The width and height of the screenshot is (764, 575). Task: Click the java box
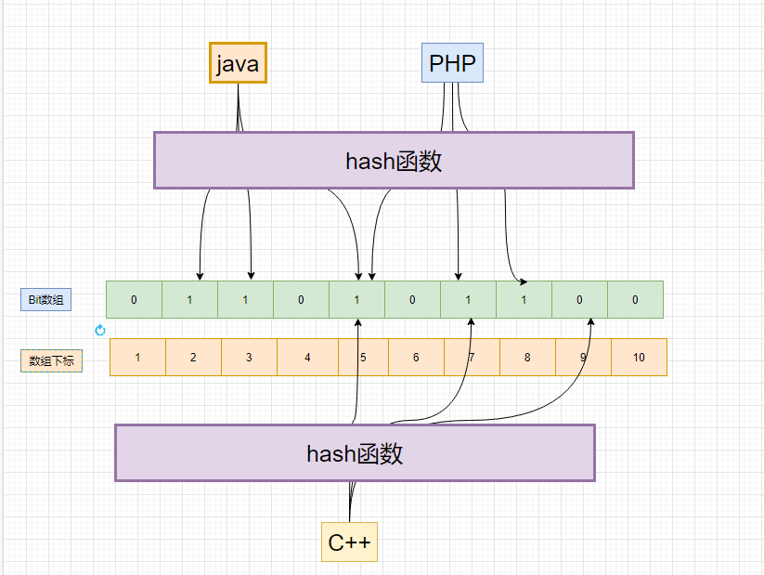238,63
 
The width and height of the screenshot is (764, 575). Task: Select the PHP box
452,63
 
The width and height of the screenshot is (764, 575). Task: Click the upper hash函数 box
394,161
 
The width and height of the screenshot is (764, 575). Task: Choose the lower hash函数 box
355,453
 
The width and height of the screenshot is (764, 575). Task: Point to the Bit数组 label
46,299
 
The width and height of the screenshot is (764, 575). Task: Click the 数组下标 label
51,360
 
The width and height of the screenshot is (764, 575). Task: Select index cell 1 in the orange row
137,358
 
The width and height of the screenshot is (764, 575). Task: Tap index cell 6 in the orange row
416,358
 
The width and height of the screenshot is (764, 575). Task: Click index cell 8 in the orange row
527,358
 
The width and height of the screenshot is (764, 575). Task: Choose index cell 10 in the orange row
639,358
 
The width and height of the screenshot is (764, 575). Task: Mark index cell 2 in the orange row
193,358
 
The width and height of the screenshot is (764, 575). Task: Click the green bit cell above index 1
134,299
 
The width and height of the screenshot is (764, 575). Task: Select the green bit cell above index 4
301,299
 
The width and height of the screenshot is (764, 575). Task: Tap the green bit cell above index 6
412,299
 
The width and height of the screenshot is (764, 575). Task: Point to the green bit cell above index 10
635,299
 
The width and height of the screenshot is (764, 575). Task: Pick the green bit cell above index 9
579,299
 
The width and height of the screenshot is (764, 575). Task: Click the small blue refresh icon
100,330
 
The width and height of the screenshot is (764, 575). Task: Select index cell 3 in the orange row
249,358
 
